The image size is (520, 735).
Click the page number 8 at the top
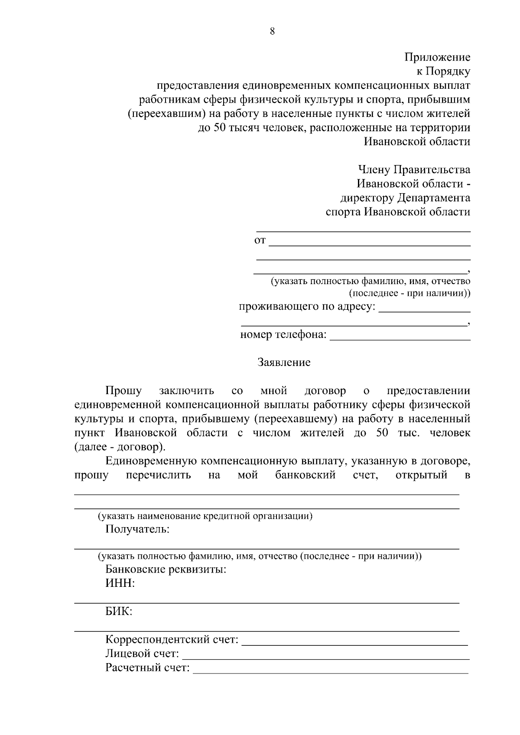click(272, 31)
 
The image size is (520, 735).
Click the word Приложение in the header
click(437, 57)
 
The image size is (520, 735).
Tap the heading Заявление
click(284, 363)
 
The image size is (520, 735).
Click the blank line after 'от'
click(369, 242)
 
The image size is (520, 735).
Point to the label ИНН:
click(120, 583)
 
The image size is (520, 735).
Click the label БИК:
click(119, 612)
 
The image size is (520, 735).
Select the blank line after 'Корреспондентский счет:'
click(354, 641)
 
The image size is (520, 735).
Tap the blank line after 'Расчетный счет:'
click(330, 669)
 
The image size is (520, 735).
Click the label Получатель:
click(137, 529)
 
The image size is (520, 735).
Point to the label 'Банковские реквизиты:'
click(166, 570)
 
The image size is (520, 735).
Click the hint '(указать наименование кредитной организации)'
click(205, 516)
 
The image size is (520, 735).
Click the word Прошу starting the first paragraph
click(123, 391)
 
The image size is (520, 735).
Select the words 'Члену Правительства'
click(414, 170)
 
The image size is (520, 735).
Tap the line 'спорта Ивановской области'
click(398, 212)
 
